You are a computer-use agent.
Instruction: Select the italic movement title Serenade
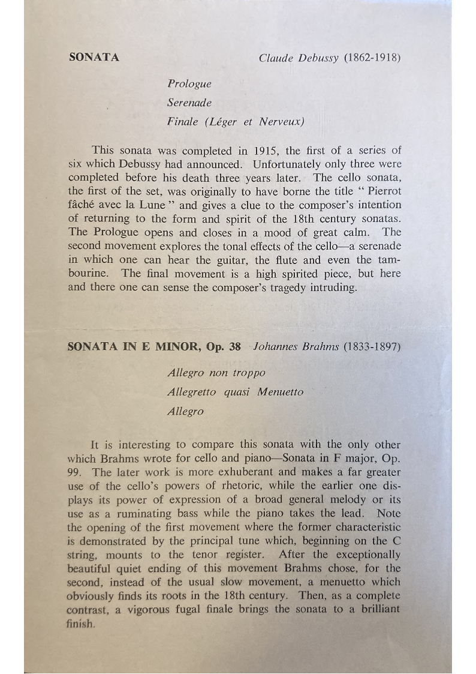pos(189,103)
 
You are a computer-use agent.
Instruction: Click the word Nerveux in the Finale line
pos(281,122)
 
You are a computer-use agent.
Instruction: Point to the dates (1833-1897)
pos(372,346)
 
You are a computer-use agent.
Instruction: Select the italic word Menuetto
pos(280,393)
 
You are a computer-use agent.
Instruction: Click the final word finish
pos(81,623)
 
